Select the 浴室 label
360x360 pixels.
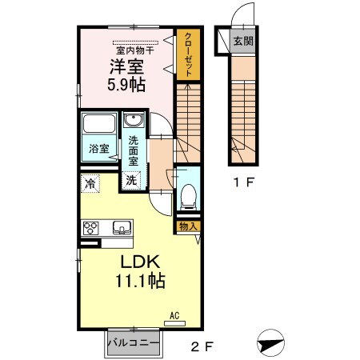click(98, 148)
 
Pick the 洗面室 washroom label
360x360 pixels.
click(134, 151)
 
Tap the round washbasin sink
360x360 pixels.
click(134, 122)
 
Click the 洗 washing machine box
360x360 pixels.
click(130, 180)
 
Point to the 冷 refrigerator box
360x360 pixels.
click(90, 184)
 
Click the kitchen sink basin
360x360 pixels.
click(122, 227)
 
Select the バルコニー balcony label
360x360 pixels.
click(134, 343)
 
